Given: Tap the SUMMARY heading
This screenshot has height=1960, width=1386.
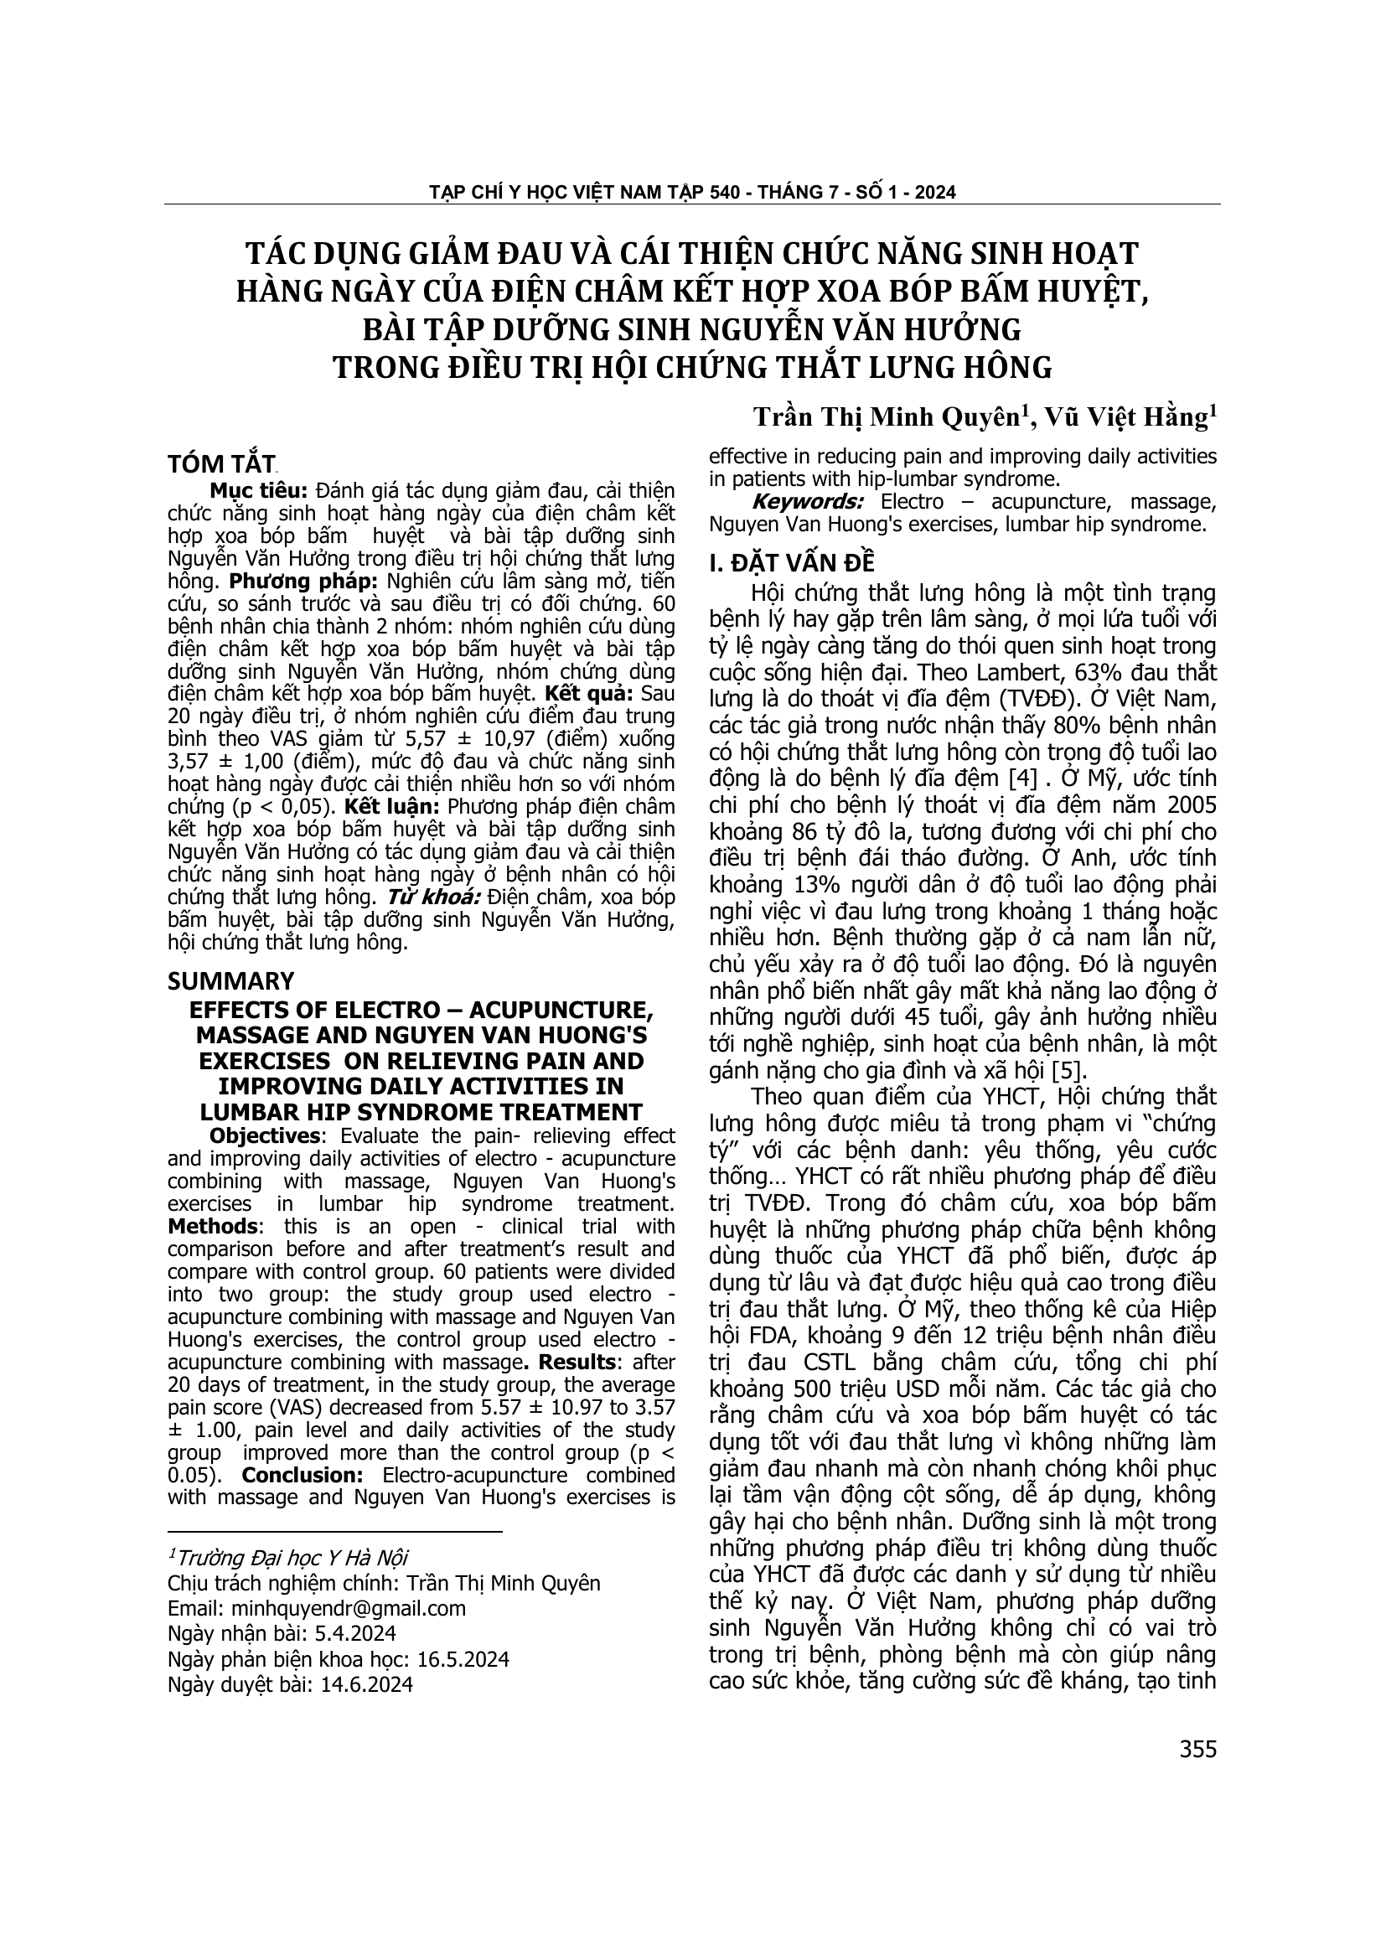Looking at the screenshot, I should point(230,980).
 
